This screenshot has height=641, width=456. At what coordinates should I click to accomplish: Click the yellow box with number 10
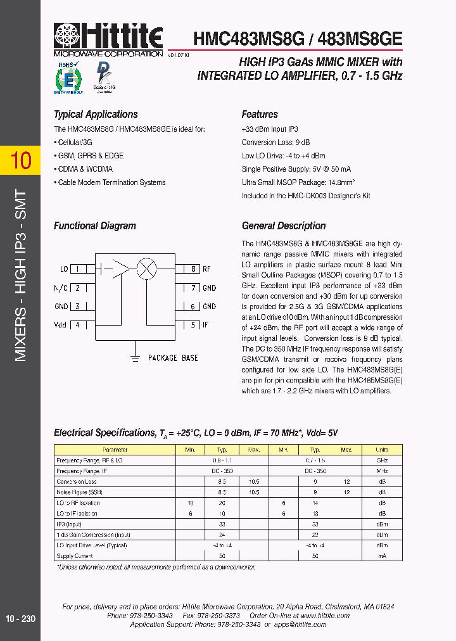tap(20, 161)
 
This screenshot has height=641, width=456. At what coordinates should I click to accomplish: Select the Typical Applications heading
tap(96, 115)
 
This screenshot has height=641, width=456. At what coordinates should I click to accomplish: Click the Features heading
tap(260, 115)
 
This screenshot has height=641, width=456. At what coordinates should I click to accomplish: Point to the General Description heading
tap(284, 226)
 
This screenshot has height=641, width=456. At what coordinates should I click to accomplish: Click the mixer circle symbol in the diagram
tap(147, 269)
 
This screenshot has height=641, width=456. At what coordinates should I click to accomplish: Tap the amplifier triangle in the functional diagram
tap(120, 269)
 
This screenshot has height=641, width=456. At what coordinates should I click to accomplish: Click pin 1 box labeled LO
tap(78, 269)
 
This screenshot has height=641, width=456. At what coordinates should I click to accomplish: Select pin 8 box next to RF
tap(193, 269)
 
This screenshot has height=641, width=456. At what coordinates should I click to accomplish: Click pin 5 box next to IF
tap(193, 326)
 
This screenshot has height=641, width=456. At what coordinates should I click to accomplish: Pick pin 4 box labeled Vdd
tap(78, 326)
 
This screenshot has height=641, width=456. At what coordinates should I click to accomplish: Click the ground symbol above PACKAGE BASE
tap(134, 357)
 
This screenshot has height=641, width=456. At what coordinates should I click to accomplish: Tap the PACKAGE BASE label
tap(173, 358)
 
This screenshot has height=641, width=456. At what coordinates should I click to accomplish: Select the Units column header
tap(382, 450)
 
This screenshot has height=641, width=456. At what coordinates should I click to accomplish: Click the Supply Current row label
tap(75, 555)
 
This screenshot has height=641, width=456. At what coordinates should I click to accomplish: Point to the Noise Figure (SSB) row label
tap(79, 492)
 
